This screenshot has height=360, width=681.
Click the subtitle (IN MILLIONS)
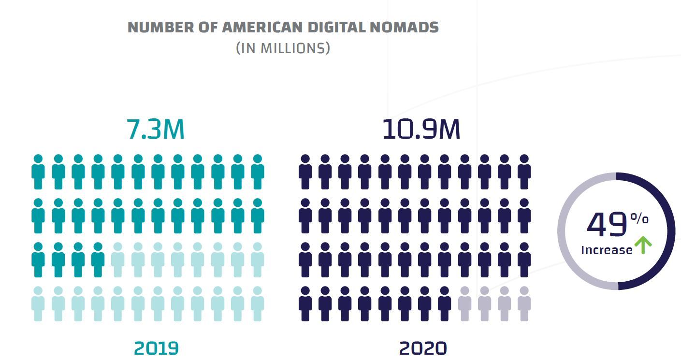click(283, 49)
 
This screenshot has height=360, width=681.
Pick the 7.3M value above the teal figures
click(156, 130)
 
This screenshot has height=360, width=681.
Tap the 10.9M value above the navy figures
click(421, 130)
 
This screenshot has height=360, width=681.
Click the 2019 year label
click(156, 348)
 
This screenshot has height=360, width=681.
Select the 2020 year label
click(423, 348)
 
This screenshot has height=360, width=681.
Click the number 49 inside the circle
click(607, 225)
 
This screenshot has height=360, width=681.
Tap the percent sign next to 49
click(639, 219)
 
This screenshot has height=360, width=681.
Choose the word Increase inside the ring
click(607, 250)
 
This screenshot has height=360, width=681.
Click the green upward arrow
click(643, 245)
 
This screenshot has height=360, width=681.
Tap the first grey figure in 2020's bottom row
click(464, 304)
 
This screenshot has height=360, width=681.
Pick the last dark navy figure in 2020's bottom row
click(445, 304)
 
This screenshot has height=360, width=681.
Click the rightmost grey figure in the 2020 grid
click(524, 304)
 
